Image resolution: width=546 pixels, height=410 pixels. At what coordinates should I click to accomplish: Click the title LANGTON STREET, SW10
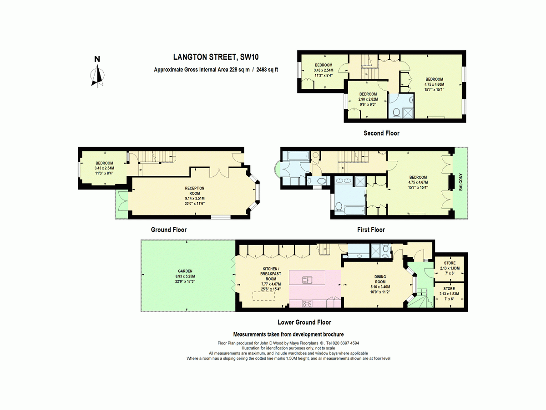pyautogui.click(x=216, y=57)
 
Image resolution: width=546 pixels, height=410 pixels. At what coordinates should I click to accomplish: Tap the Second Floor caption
pyautogui.click(x=381, y=133)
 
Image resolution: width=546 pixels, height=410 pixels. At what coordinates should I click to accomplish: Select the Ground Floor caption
pyautogui.click(x=169, y=230)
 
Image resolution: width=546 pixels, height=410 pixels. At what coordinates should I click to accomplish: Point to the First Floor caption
pyautogui.click(x=371, y=230)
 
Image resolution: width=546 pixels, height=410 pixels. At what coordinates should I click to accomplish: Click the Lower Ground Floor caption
pyautogui.click(x=304, y=323)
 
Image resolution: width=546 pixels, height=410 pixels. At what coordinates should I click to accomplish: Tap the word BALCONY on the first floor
pyautogui.click(x=460, y=182)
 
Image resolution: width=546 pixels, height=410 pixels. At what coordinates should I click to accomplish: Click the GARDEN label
pyautogui.click(x=185, y=271)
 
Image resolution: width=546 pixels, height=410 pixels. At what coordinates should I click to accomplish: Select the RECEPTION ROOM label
pyautogui.click(x=195, y=191)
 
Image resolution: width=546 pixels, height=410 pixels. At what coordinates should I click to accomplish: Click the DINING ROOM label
pyautogui.click(x=380, y=279)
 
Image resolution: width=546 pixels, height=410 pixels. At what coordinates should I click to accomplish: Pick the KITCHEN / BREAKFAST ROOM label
pyautogui.click(x=271, y=274)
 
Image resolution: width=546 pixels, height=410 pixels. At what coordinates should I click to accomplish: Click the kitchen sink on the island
pyautogui.click(x=307, y=280)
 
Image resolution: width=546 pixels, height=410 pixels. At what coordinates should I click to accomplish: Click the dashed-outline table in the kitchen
pyautogui.click(x=263, y=296)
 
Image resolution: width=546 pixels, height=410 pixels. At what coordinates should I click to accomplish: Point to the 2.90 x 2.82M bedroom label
pyautogui.click(x=368, y=99)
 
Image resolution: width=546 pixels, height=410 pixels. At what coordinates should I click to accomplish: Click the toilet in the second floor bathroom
pyautogui.click(x=396, y=113)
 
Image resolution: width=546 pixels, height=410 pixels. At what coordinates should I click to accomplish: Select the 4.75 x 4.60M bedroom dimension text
pyautogui.click(x=434, y=84)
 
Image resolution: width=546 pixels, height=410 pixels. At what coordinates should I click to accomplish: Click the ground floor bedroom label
pyautogui.click(x=104, y=168)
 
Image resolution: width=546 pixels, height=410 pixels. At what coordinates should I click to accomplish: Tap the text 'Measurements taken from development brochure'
pyautogui.click(x=288, y=334)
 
